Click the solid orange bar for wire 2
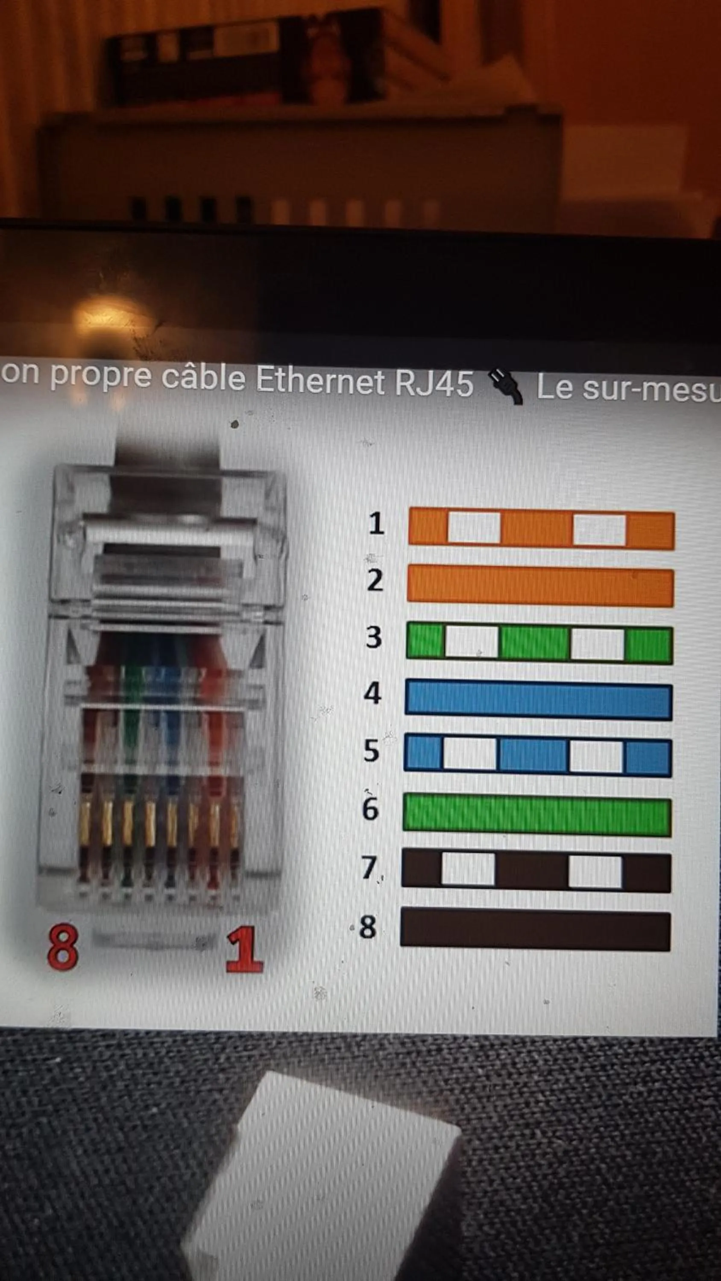[x=540, y=586]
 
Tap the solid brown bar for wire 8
[x=535, y=930]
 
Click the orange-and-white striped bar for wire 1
[x=541, y=529]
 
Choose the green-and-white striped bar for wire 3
[x=539, y=643]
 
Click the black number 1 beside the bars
[x=377, y=523]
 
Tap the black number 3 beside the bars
[x=374, y=637]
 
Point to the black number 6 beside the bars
[x=370, y=807]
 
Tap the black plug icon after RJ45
[x=504, y=386]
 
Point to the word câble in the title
[x=203, y=377]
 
